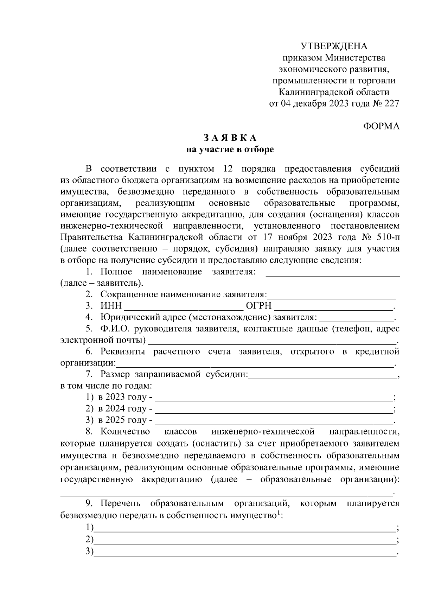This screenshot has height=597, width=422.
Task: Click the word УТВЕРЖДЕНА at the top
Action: point(334,46)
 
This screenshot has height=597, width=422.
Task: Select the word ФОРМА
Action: point(381,127)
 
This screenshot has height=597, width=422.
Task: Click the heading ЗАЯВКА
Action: point(230,138)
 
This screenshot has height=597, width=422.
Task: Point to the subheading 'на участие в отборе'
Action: point(230,150)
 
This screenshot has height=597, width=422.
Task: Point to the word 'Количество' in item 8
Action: point(125,432)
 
